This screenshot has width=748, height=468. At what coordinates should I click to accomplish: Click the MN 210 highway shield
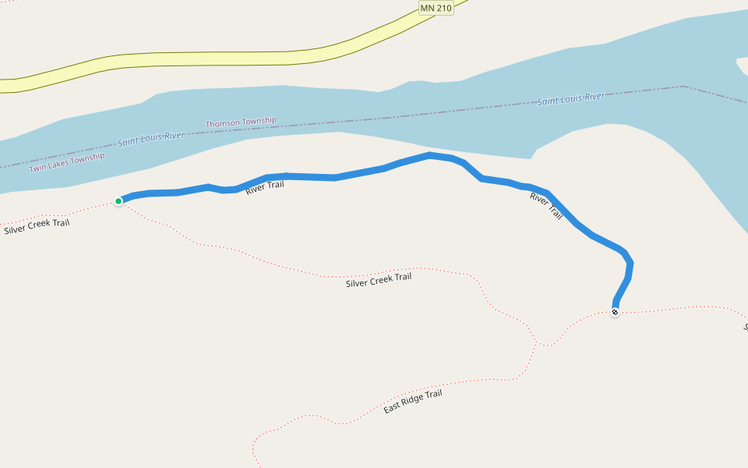pos(436,8)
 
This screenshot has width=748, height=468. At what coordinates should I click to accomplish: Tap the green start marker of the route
pos(118,201)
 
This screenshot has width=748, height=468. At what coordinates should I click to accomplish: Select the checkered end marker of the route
pos(615,312)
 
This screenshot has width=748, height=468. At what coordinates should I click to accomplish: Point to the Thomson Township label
pos(241,122)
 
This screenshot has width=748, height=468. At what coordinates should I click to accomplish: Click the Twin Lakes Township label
pos(66,162)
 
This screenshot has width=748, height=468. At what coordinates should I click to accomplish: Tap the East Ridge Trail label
pos(413,402)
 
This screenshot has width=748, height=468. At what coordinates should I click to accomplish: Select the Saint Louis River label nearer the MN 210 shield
pos(571,99)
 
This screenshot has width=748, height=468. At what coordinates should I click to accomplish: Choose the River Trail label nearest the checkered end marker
pos(546,205)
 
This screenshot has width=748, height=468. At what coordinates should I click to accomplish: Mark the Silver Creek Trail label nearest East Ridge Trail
pos(379,279)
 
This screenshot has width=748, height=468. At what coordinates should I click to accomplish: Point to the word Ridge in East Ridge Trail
pos(413,402)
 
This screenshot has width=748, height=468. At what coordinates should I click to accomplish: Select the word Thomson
pos(222,124)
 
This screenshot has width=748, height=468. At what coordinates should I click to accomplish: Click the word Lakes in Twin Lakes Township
pos(59,164)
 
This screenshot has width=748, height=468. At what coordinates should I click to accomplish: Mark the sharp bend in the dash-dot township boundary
pos(683,86)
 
